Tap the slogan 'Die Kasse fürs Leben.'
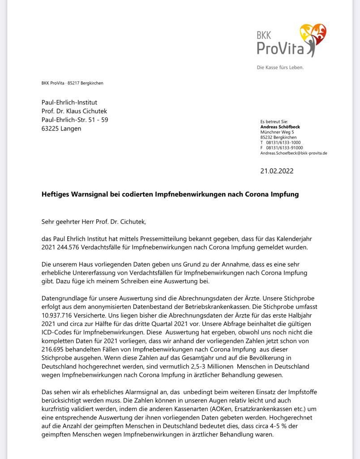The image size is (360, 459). pos(280,68)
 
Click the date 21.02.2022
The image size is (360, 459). pos(277,171)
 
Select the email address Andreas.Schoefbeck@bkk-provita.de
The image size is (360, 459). pos(294,153)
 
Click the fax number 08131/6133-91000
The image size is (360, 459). pos(285,147)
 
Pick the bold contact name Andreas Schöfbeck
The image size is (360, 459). pos(280,127)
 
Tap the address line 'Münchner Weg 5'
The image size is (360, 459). pos(277,132)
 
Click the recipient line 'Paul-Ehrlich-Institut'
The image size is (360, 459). pos(69,103)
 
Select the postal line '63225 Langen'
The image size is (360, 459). pos(61,129)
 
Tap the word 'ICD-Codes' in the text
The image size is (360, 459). pos(57,332)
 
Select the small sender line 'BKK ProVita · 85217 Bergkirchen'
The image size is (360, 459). pos(72,83)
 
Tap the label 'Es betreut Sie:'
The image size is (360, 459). pos(274,121)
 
